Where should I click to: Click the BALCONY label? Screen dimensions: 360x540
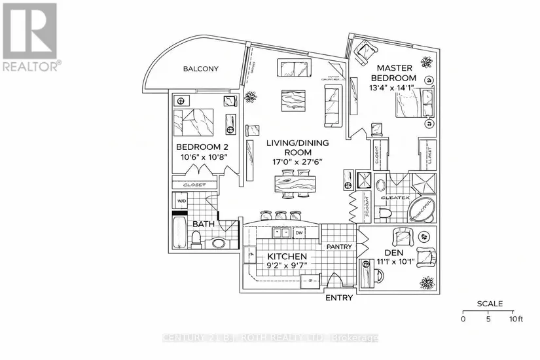pyautogui.click(x=200, y=69)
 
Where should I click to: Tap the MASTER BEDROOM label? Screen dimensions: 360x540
pyautogui.click(x=392, y=73)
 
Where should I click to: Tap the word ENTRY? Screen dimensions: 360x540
pyautogui.click(x=338, y=297)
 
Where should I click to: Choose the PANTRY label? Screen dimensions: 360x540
pyautogui.click(x=340, y=247)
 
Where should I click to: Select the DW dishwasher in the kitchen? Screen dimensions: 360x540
pyautogui.click(x=299, y=232)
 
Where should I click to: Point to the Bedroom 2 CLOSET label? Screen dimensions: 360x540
pyautogui.click(x=195, y=185)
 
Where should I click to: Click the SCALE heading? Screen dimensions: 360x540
pyautogui.click(x=489, y=304)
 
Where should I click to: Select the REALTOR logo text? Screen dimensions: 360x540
pyautogui.click(x=31, y=65)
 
